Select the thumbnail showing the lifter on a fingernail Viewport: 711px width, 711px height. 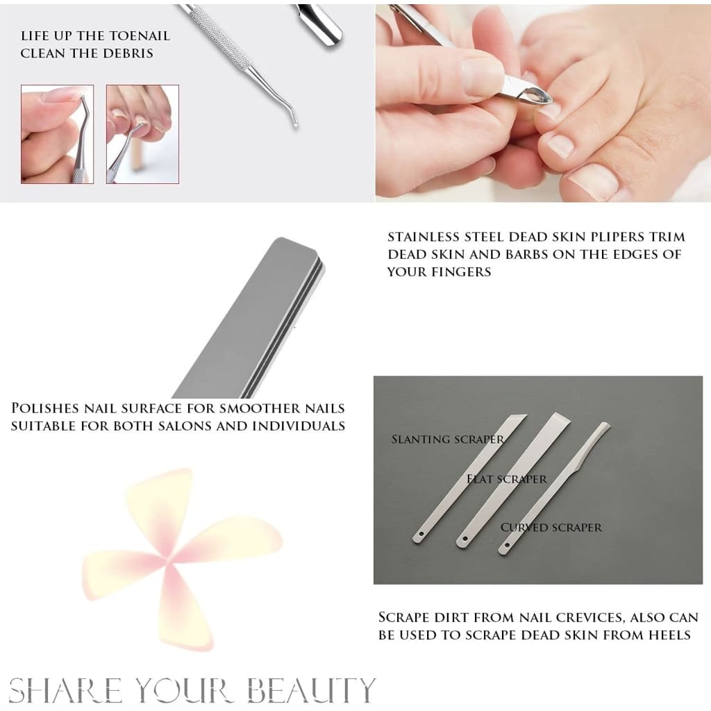[x=57, y=134]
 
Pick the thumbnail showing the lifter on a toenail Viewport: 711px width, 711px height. [x=142, y=134]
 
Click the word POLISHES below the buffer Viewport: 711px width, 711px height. [x=49, y=408]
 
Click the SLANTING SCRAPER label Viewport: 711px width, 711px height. [x=447, y=439]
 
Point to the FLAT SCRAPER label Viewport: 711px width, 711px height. [x=507, y=479]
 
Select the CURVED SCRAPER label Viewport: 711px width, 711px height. [x=551, y=527]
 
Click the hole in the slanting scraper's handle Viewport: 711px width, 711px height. [x=419, y=534]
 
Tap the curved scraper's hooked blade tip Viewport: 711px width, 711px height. [x=605, y=426]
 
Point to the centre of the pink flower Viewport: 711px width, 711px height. [x=170, y=560]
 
